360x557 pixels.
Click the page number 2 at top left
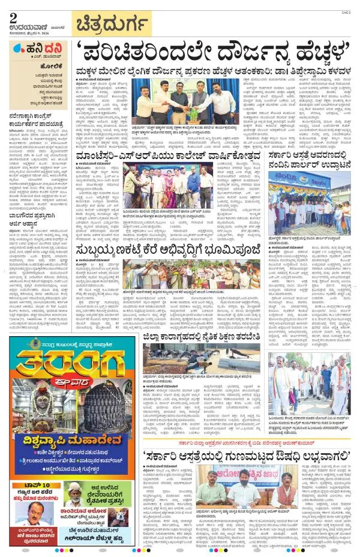click(14, 18)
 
